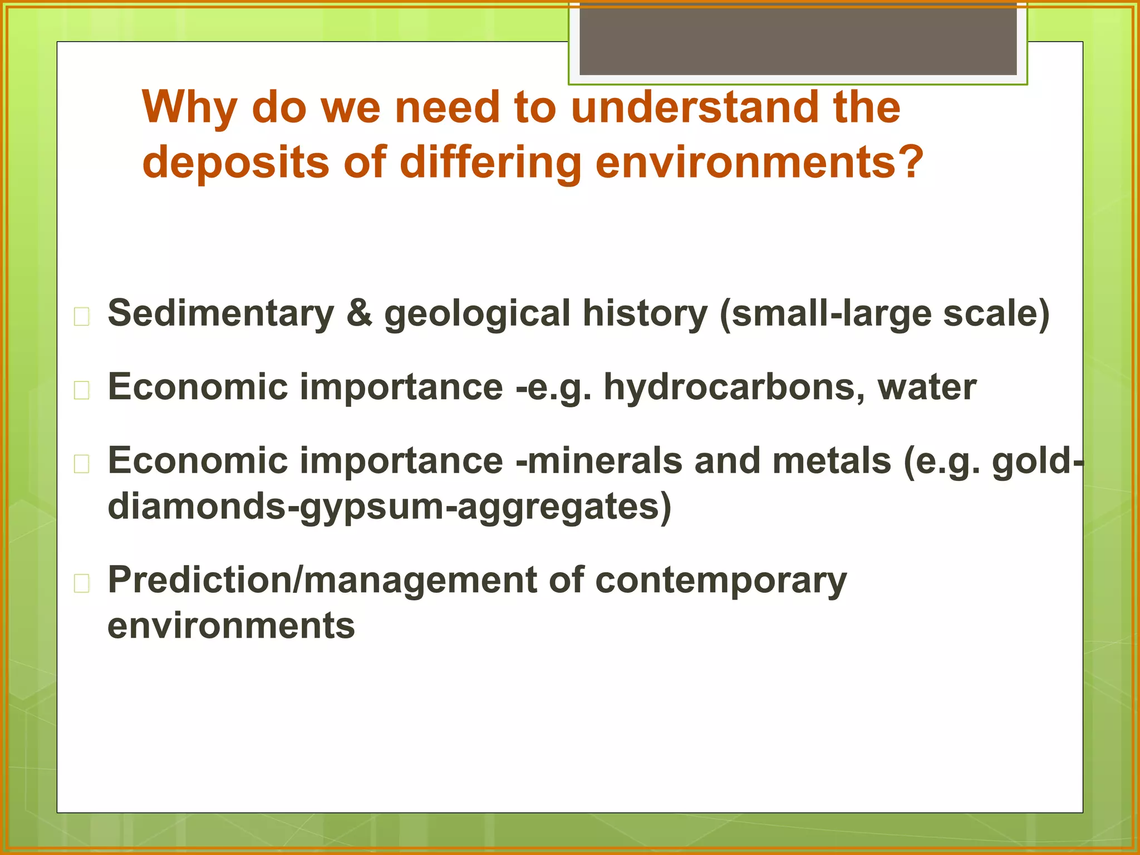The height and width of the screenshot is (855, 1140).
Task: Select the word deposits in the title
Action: pyautogui.click(x=236, y=163)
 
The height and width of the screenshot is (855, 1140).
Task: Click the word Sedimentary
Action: pyautogui.click(x=221, y=313)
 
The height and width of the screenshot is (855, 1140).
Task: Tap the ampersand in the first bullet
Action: pyautogui.click(x=360, y=313)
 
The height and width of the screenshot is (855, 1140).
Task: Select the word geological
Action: pyautogui.click(x=478, y=313)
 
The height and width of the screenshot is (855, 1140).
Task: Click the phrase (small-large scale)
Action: pyautogui.click(x=884, y=313)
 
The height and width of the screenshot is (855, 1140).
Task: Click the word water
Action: pyautogui.click(x=927, y=387)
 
